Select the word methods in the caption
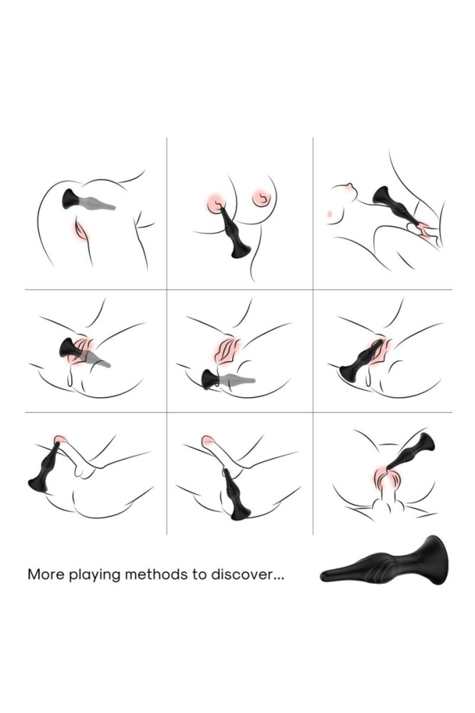coord(156,574)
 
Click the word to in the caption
coord(199,574)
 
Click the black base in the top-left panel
coord(71,199)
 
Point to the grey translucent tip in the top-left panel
coord(98,202)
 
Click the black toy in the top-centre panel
coord(234,233)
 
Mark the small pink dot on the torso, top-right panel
coord(328,212)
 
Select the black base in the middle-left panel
coord(70,349)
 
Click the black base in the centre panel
coord(212,379)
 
